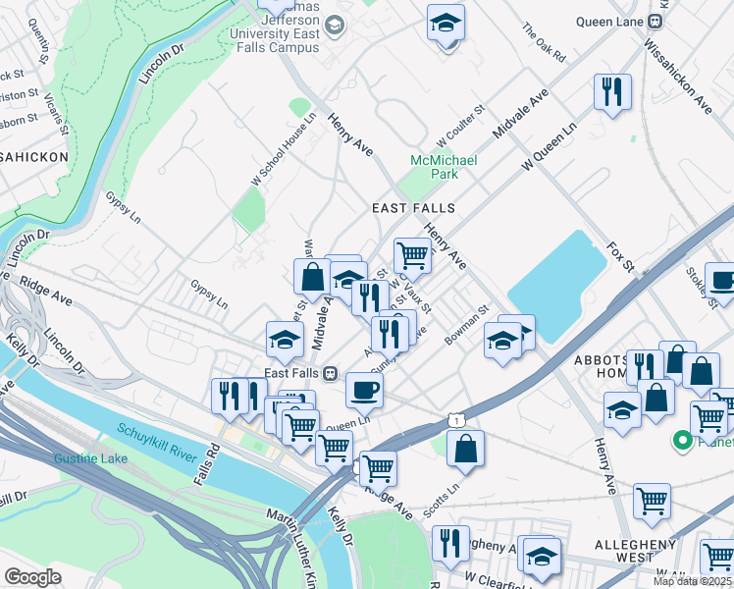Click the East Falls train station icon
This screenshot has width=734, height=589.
pos(331,373)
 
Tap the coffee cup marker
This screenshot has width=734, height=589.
pos(364,390)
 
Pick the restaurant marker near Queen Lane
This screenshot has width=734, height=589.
pos(612,92)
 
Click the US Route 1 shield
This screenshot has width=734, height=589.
pos(458,420)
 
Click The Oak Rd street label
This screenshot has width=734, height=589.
pos(545,45)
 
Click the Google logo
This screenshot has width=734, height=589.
pos(32,577)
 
